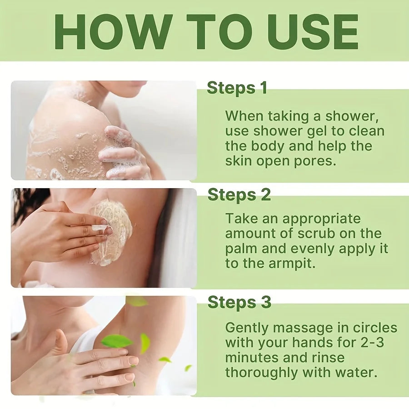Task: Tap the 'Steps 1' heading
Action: (x=237, y=88)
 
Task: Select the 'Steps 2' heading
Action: (x=239, y=195)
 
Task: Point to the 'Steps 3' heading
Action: (x=239, y=302)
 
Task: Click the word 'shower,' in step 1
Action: (x=352, y=116)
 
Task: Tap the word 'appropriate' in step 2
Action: (x=321, y=219)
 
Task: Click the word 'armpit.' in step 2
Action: (x=292, y=264)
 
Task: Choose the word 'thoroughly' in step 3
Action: (x=262, y=373)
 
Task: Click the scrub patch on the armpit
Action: (x=111, y=232)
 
